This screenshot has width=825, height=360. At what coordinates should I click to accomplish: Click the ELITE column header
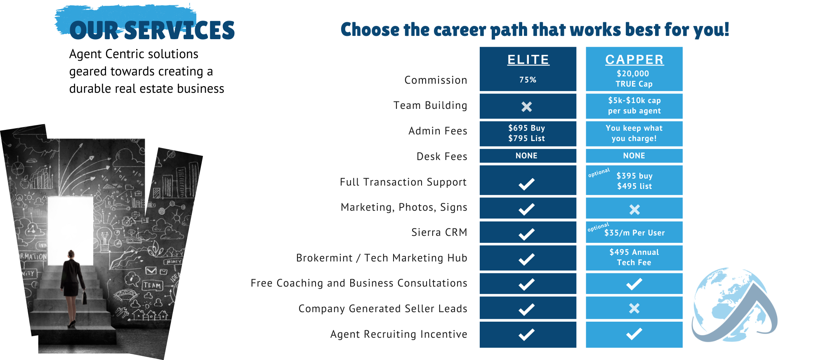[528, 60]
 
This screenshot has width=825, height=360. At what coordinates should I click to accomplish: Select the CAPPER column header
[634, 60]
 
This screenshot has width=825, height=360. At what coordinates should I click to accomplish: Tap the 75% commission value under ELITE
[528, 80]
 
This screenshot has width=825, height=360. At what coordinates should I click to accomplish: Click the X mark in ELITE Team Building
[527, 107]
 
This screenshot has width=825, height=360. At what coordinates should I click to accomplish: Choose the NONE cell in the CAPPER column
[634, 156]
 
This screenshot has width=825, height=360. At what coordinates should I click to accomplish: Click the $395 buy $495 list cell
[634, 181]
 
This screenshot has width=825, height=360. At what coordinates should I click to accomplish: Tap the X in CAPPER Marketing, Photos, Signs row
[634, 210]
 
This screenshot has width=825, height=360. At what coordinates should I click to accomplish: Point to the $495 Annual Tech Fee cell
[634, 257]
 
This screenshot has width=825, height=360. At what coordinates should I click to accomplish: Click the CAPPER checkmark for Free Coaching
[634, 284]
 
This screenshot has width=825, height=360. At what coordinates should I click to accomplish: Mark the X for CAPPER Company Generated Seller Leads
[634, 308]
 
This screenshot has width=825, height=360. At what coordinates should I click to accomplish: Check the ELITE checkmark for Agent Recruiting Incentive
[527, 334]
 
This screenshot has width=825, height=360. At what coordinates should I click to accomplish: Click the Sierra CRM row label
[439, 233]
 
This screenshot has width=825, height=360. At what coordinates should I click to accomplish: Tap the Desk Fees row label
[442, 157]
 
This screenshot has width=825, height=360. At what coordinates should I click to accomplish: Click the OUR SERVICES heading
[152, 31]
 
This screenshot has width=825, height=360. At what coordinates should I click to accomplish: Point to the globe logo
[734, 305]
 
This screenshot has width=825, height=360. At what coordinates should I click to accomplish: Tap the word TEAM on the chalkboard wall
[152, 285]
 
